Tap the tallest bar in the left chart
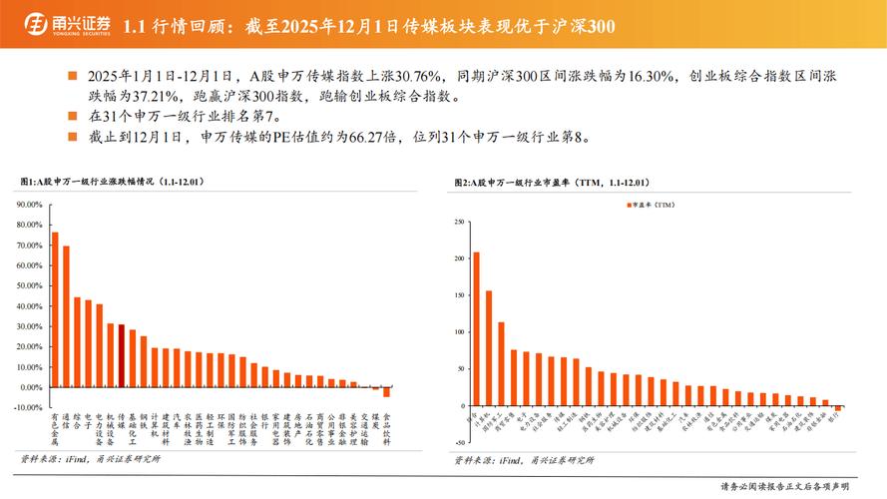55,309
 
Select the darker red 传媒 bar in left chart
122,355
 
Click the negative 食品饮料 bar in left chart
387,391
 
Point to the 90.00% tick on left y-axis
27,205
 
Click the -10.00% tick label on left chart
26,407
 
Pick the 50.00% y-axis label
27,285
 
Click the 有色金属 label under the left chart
55,429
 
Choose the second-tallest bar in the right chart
488,348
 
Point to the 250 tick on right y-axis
459,221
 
